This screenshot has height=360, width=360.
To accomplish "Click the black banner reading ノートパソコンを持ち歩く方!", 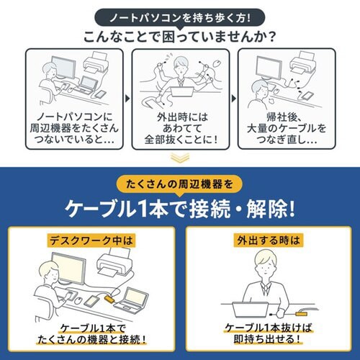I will [180, 16].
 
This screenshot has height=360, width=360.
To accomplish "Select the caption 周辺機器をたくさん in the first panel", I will [75, 129].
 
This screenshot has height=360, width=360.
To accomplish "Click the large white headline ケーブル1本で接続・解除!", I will [180, 209].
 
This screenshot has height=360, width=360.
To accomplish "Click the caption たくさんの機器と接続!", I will [92, 339].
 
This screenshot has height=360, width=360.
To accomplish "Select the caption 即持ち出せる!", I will [268, 339].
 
